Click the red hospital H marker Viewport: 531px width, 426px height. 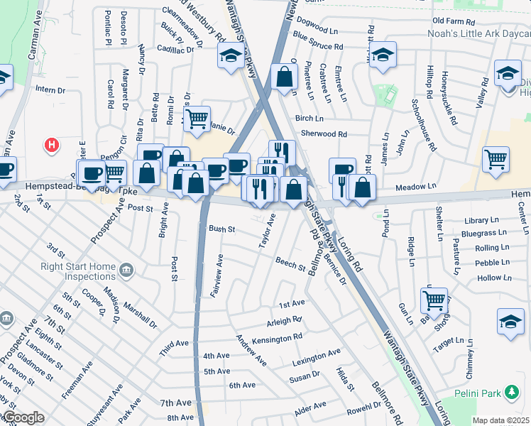click(51, 146)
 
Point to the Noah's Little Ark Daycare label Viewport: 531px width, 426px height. click(478, 33)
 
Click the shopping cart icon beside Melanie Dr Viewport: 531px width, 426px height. click(197, 118)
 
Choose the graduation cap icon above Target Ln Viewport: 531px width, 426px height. click(510, 321)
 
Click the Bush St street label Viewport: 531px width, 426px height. click(221, 229)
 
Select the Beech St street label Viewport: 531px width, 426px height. click(290, 262)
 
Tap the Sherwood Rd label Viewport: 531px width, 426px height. click(324, 133)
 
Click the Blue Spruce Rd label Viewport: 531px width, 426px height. click(317, 47)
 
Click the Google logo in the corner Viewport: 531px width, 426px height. click(23, 417)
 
